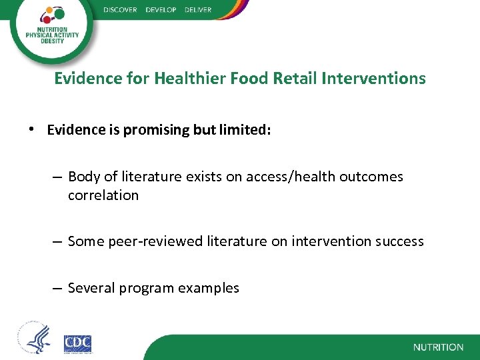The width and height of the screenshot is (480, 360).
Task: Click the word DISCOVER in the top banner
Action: coord(120,10)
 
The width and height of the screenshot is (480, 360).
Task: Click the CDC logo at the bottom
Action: coord(77,343)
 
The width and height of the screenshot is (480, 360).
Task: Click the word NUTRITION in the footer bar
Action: coord(438,347)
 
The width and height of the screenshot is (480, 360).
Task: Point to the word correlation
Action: coord(103,195)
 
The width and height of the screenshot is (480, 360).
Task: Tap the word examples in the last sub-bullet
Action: coord(209,288)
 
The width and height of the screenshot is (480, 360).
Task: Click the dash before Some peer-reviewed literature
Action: coord(57,241)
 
